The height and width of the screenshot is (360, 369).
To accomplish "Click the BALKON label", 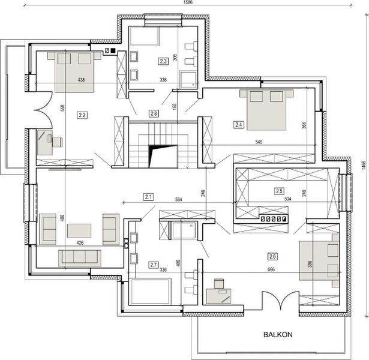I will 277,335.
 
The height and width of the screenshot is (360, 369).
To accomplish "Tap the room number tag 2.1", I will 149,196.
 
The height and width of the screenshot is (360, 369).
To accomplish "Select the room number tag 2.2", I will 83,114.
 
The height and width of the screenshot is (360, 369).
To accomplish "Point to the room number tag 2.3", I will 163,61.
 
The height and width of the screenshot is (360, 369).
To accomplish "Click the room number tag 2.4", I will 239,125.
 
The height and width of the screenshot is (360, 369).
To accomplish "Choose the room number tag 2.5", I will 279,191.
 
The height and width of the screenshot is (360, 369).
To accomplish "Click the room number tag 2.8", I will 154,113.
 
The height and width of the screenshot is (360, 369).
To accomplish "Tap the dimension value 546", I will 259,143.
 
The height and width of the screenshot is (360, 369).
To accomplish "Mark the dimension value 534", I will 178,199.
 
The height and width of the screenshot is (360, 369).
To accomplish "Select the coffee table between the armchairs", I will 79,230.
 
